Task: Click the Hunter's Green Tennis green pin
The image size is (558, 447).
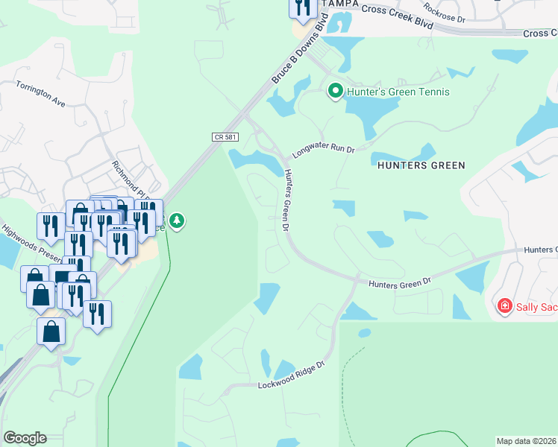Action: (336, 92)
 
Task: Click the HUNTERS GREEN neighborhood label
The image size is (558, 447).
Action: (421, 165)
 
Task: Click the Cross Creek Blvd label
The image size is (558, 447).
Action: (397, 17)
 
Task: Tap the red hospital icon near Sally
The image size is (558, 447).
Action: (505, 305)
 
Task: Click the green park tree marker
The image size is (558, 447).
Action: (177, 221)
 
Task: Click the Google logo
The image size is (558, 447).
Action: (25, 438)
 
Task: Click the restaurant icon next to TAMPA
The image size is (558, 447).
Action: (303, 7)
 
